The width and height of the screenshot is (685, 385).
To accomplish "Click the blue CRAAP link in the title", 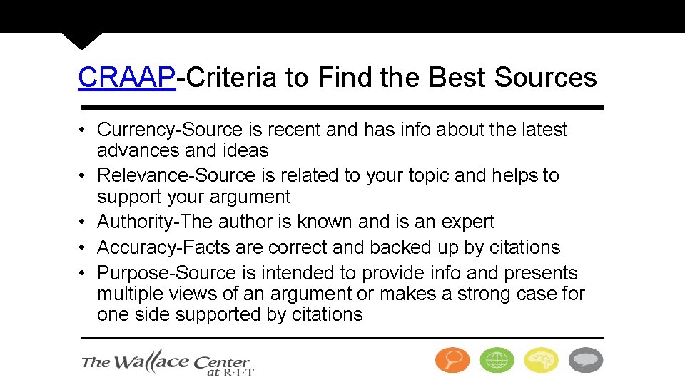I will coord(126,77).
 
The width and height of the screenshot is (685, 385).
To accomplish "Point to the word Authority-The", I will coord(155,222).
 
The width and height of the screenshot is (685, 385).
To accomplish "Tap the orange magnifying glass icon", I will coord(452,360).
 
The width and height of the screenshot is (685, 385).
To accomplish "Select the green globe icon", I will coord(497,360).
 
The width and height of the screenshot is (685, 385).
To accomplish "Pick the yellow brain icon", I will coord(541,360).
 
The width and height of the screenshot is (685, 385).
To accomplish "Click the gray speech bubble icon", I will coord(585,360).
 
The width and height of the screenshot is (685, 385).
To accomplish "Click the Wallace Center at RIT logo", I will coord(168,363).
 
